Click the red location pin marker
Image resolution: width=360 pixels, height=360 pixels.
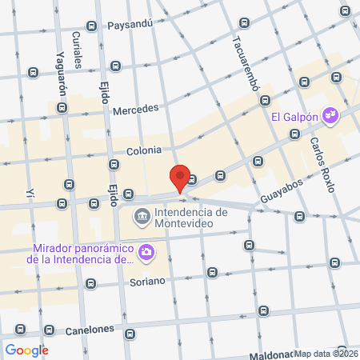click(181, 178)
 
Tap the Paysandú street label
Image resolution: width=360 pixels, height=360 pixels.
click(130, 25)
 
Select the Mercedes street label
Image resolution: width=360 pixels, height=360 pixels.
click(136, 109)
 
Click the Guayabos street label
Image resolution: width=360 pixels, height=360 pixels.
click(282, 185)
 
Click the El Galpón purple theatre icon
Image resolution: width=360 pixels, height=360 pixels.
click(330, 117)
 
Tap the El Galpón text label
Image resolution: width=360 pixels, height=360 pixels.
click(295, 117)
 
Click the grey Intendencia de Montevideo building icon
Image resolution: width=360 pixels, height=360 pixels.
click(142, 215)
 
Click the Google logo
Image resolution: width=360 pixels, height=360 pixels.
click(26, 350)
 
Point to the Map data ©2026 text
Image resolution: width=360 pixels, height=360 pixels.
click(326, 353)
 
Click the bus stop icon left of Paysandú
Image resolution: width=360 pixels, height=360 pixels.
click(92, 26)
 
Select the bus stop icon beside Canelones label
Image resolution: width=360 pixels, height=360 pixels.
click(50, 330)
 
